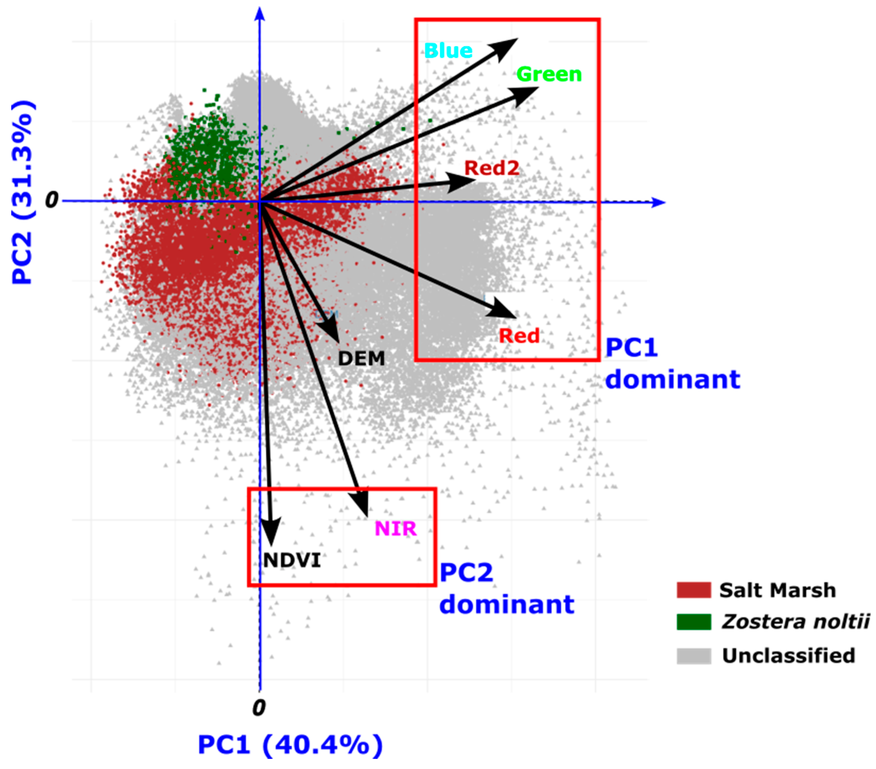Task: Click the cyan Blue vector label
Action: click(x=448, y=51)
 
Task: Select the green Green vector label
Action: click(x=549, y=75)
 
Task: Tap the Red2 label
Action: click(x=491, y=168)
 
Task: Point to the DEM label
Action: click(x=361, y=358)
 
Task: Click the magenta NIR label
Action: click(x=395, y=528)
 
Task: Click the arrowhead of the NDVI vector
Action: click(x=271, y=534)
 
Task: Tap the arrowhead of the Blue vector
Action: click(x=508, y=45)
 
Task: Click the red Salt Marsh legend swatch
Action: click(x=693, y=590)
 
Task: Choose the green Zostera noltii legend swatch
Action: click(x=693, y=622)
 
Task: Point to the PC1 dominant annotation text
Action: click(x=672, y=364)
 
